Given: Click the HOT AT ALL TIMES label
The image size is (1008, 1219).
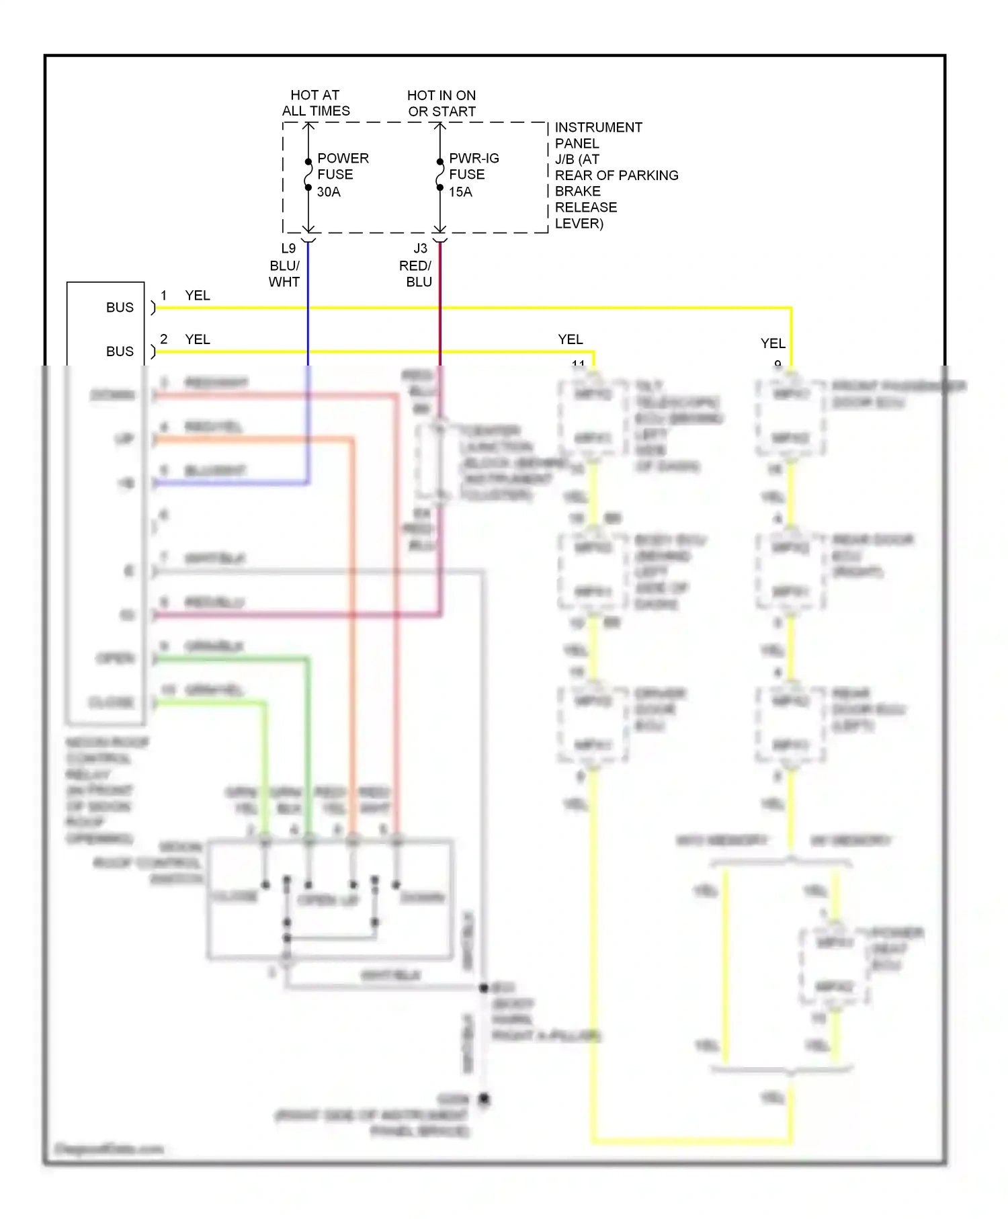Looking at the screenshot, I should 315,103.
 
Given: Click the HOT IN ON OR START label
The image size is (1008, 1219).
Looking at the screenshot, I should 442,103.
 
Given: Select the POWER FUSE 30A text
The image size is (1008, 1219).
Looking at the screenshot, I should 342,175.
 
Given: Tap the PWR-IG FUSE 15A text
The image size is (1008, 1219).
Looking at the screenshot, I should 473,175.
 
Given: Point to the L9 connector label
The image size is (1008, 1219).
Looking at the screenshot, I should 288,248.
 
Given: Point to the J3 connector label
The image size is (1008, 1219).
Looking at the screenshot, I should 420,248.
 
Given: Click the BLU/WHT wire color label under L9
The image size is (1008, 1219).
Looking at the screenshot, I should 284,274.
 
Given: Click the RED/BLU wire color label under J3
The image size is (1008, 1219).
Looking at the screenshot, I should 416,274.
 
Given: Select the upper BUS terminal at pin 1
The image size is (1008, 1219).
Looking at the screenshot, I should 120,307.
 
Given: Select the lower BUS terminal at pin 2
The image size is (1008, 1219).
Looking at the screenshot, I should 120,351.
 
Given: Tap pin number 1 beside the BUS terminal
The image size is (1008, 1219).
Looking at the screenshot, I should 163,295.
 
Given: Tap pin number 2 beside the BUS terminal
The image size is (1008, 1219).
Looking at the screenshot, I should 163,339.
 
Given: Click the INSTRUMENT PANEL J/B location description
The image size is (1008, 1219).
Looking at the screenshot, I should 615,175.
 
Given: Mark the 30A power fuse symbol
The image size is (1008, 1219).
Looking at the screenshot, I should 308,175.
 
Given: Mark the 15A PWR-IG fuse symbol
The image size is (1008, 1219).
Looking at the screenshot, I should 439,175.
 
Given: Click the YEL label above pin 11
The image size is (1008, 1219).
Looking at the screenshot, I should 570,339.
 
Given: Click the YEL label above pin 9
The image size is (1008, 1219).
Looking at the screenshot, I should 772,343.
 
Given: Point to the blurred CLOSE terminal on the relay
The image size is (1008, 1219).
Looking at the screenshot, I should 112,702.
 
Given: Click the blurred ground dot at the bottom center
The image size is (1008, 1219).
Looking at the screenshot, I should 484,1099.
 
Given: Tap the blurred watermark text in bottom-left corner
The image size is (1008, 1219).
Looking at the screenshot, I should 109,1149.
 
